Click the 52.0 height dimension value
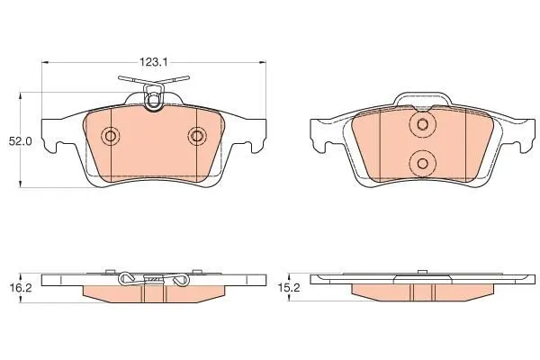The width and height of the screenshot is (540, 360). tap(21, 141)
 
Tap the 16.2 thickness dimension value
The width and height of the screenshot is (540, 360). tap(21, 288)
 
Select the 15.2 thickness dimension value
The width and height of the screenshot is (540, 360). tap(289, 288)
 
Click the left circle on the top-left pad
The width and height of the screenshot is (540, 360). tap(110, 136)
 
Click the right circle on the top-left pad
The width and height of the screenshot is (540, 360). tap(197, 136)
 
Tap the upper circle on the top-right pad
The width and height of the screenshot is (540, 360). tap(423, 124)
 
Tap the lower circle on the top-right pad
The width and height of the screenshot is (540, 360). tap(423, 163)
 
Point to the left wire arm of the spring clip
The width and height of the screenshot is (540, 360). tap(133, 79)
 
